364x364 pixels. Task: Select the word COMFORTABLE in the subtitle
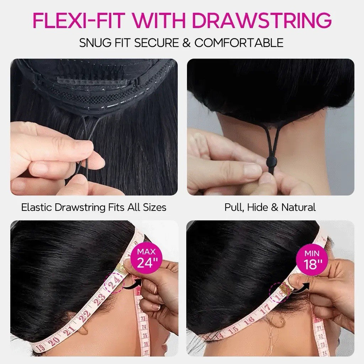[239, 43]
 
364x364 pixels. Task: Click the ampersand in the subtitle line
[186, 43]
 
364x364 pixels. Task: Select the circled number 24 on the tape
[114, 282]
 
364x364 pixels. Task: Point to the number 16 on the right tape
[249, 321]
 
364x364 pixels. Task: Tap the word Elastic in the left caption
[37, 207]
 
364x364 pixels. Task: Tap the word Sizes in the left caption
[155, 207]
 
